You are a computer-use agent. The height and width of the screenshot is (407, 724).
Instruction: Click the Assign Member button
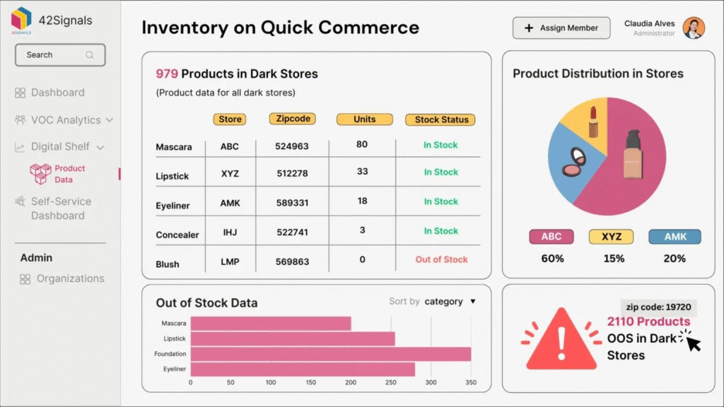coord(561,28)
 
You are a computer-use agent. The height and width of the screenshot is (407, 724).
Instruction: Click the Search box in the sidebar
coord(60,55)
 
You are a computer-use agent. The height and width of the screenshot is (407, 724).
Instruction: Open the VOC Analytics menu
coord(64,120)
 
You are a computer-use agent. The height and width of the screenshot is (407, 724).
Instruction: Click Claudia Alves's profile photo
coord(694,28)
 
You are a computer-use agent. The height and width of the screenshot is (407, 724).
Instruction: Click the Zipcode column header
coord(292,119)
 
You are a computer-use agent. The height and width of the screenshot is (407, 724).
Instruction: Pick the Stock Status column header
coord(440,119)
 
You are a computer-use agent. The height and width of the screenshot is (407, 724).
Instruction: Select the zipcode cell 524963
coord(292,147)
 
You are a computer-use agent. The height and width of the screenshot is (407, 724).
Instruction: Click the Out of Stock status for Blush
coord(441,259)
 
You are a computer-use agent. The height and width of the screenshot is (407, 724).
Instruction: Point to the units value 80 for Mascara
coord(362,144)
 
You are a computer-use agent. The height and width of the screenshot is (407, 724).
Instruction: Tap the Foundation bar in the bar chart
coord(330,354)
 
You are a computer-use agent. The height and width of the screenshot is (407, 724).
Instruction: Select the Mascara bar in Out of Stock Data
coord(271,324)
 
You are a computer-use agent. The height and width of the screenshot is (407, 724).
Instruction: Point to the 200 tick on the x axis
coord(351,382)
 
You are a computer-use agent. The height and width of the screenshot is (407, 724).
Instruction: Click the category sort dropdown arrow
coord(473,302)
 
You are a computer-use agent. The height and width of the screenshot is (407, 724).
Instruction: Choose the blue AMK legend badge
coord(675,237)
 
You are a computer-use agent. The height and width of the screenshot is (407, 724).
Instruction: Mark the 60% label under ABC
coord(552,259)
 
